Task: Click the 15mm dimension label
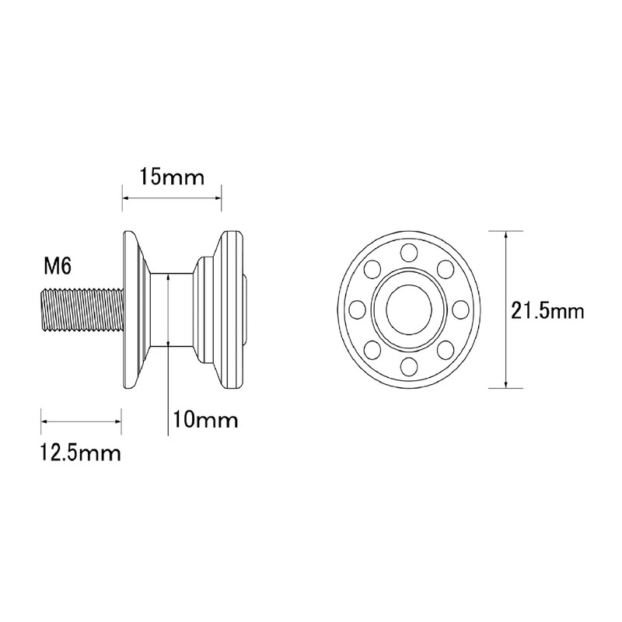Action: coord(172,177)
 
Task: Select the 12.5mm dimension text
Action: coord(81,453)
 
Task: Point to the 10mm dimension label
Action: coord(205,420)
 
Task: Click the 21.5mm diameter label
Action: coord(547,311)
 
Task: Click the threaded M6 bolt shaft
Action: coord(82,309)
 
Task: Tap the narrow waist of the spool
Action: coord(172,309)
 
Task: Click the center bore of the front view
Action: coord(409,309)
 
